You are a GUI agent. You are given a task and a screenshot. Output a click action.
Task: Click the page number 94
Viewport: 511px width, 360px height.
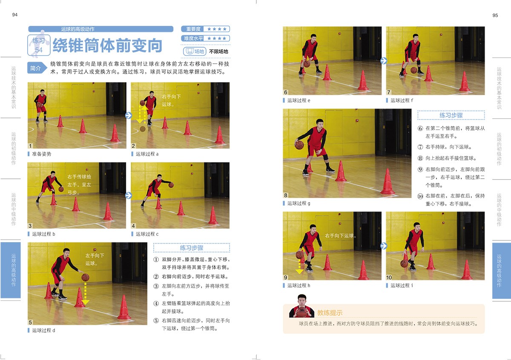click(15, 15)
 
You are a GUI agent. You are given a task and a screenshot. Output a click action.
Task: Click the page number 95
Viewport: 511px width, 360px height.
click(495, 15)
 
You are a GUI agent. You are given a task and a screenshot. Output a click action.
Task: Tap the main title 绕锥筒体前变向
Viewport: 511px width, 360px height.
click(107, 45)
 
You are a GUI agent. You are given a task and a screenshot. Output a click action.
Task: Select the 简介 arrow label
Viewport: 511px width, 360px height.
click(37, 68)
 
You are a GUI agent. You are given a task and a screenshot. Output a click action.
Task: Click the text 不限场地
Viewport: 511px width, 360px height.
click(218, 51)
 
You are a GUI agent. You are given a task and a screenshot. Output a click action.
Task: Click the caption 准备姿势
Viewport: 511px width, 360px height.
click(42, 154)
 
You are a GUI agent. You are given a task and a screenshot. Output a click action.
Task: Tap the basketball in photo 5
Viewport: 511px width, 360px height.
click(85, 277)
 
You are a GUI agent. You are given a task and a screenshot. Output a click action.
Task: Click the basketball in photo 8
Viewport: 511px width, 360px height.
click(299, 145)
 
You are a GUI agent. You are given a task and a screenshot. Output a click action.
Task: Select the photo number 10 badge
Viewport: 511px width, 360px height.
click(389, 277)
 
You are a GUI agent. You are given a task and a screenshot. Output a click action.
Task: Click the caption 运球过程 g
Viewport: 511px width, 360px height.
click(299, 203)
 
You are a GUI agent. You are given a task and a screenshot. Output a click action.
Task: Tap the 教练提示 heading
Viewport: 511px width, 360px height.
click(330, 313)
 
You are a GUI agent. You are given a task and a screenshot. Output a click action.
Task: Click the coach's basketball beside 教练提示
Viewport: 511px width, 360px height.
click(301, 311)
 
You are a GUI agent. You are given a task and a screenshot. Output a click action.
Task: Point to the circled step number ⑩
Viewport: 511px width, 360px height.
click(420, 196)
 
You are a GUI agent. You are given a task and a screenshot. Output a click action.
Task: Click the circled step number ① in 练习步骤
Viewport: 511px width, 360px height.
click(156, 260)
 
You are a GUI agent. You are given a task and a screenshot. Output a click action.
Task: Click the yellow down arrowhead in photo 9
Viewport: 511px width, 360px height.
click(299, 271)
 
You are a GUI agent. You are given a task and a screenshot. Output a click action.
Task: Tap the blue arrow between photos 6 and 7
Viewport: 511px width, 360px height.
click(384, 61)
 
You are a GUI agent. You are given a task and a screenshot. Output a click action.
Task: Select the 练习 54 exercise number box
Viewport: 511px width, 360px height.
click(39, 45)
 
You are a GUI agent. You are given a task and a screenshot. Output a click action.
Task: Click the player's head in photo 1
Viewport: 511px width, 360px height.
click(42, 91)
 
